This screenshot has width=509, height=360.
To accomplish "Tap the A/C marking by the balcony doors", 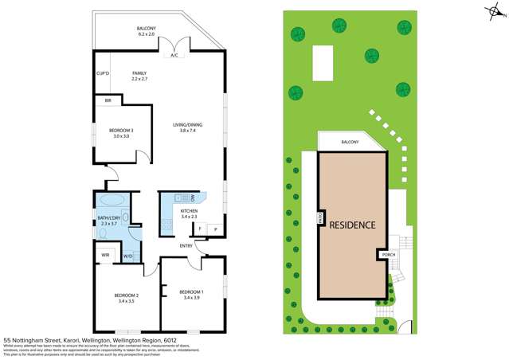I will point(174,56).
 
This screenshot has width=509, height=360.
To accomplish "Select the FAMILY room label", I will point(139,73).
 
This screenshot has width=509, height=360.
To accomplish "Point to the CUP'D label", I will point(102,73).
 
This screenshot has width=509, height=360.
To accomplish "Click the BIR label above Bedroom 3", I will point(108,100).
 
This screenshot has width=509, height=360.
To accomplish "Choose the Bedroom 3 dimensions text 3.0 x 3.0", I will point(119,136).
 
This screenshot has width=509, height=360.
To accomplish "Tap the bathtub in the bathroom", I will point(111,200).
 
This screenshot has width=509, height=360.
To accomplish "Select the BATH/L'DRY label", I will point(109,218).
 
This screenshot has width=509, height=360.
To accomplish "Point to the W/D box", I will point(127,256).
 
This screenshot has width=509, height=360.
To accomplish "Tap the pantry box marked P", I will point(215,229).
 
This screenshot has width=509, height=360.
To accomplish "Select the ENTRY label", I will point(186,245).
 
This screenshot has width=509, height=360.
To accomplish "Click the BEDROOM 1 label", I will point(191,291).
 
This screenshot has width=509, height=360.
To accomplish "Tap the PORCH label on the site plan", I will point(388,255).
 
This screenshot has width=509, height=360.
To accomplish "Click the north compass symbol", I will point(495,12).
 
